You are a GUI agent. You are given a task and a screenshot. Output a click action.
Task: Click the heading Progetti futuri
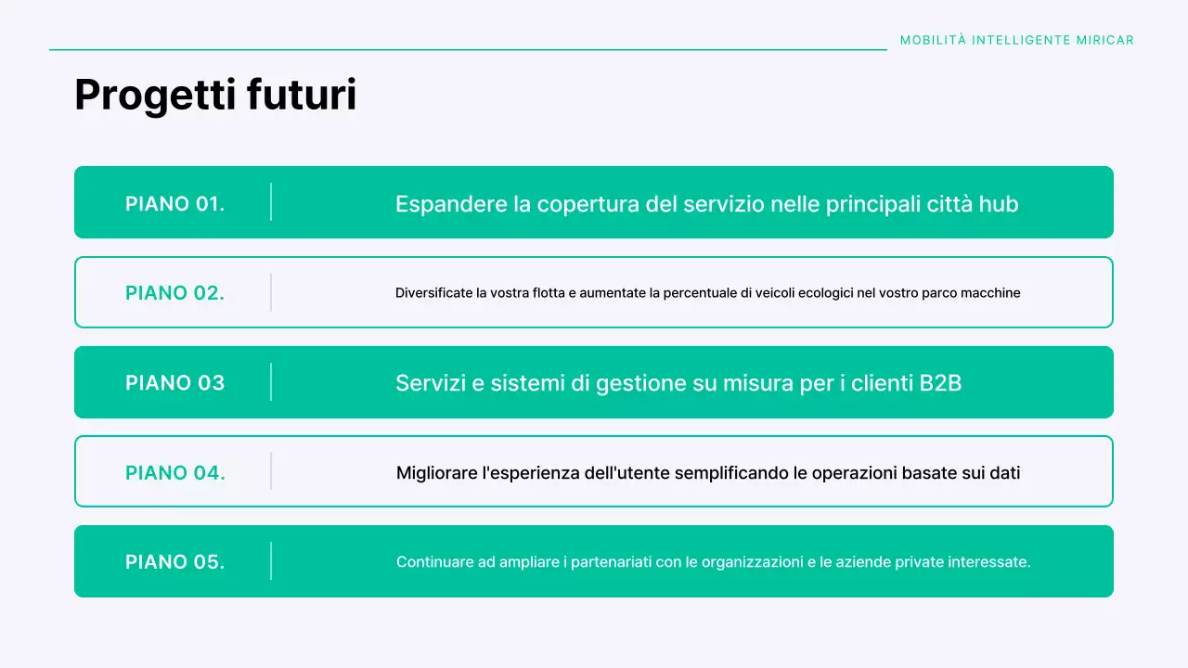pos(215,96)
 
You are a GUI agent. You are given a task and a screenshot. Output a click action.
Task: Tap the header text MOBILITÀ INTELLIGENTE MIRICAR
pos(1016,40)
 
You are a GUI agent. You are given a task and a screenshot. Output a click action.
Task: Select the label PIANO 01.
pos(174,203)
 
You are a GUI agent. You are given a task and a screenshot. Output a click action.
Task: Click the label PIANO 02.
pos(174,293)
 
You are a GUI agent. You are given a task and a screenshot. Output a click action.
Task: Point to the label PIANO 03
pos(174,382)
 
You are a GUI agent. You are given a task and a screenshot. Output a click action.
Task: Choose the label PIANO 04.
pos(174,472)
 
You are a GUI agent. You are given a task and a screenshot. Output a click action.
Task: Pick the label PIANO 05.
pos(174,561)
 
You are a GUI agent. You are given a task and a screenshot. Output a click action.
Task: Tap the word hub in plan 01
pos(999,204)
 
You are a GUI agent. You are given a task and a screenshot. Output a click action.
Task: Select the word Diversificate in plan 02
pos(433,293)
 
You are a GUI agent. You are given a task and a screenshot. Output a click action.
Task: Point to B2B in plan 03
pos(940,382)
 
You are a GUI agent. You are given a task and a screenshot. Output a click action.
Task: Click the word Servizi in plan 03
pos(427,382)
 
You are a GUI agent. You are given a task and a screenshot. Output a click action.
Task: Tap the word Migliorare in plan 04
pos(437,473)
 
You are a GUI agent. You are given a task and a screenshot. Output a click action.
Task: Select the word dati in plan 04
pos(1004,473)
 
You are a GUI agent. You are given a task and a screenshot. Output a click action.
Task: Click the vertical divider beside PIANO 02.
pos(271,292)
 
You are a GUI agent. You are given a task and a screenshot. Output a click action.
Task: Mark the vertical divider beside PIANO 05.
pos(271,561)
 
